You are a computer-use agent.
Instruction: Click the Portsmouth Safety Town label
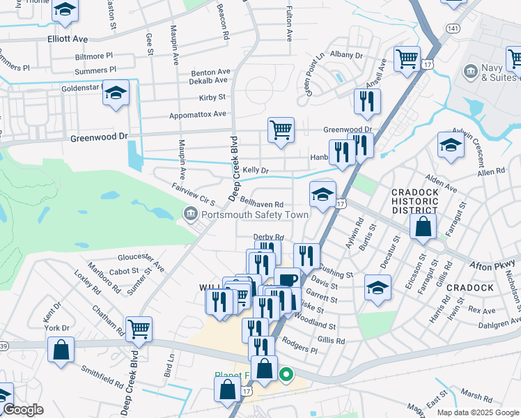[254, 215]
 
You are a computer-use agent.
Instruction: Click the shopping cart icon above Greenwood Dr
[281, 130]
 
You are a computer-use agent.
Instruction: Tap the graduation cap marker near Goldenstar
[116, 93]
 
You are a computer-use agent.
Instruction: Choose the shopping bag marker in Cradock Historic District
[423, 226]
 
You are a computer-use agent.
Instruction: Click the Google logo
[24, 410]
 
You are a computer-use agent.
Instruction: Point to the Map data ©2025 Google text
[478, 412]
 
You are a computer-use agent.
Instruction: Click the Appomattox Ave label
[198, 114]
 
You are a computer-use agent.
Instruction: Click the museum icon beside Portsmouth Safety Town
[189, 215]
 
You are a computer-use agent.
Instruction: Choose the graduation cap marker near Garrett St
[378, 286]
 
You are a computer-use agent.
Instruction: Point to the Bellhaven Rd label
[261, 203]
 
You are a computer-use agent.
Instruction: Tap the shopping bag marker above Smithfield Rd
[61, 349]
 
